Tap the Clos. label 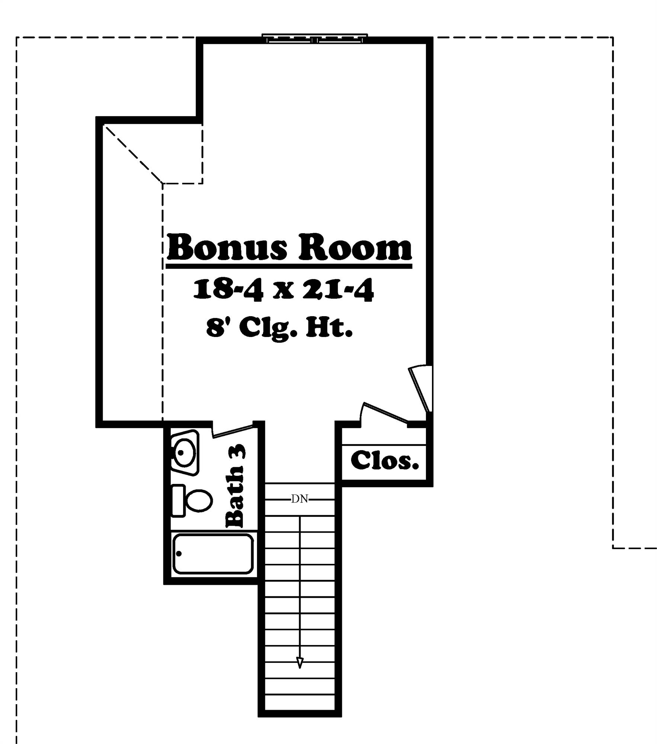pos(385,461)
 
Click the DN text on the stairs pos(299,499)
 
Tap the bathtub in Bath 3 pos(213,554)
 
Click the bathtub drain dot pos(179,554)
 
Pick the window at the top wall pos(315,38)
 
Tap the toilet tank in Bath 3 pos(178,501)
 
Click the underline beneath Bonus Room pos(289,266)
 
